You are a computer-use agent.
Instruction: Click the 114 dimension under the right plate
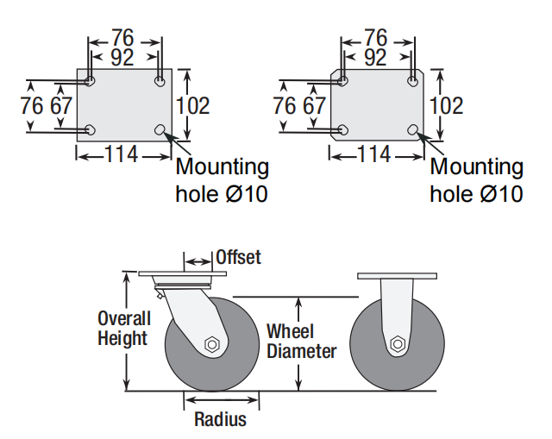click(374, 155)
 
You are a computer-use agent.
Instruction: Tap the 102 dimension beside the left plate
click(193, 105)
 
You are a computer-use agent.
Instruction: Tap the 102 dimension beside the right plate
click(446, 105)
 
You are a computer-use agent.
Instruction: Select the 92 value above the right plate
click(375, 58)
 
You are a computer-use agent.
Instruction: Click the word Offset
click(238, 257)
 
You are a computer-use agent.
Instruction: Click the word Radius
click(220, 420)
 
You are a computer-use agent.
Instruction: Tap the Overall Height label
click(123, 329)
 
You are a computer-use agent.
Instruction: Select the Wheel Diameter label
click(301, 341)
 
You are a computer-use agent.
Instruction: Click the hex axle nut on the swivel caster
click(212, 344)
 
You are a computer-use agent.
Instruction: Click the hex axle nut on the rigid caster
click(398, 343)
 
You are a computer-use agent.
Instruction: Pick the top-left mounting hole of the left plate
click(91, 81)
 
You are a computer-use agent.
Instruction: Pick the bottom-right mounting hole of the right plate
click(414, 130)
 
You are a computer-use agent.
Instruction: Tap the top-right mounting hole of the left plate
click(160, 81)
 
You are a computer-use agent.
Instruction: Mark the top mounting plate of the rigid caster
click(398, 276)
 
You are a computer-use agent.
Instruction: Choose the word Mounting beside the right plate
click(476, 166)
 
